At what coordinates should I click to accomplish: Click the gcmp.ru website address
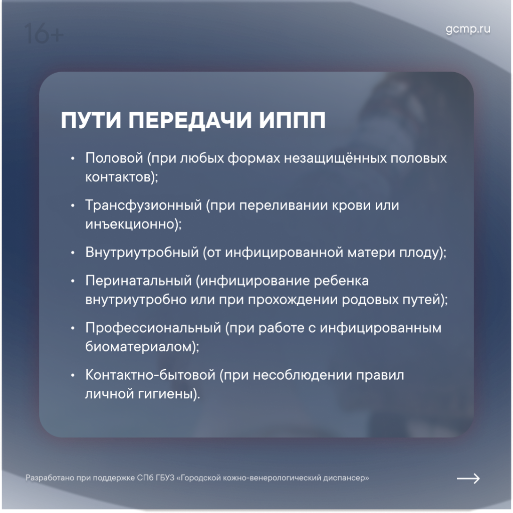click(x=468, y=30)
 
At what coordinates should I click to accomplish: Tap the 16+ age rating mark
click(x=44, y=34)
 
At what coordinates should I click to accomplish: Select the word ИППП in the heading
click(x=293, y=120)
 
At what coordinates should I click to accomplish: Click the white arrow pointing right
click(x=468, y=478)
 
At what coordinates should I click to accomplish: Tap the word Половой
click(x=114, y=158)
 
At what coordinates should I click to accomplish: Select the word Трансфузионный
click(x=144, y=205)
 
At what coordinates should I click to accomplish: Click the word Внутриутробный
click(x=142, y=252)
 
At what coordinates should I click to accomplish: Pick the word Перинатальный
click(x=138, y=281)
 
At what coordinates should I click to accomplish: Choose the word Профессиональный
click(x=153, y=328)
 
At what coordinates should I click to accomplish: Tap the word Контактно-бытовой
click(x=150, y=375)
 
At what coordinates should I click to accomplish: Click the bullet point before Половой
click(x=73, y=159)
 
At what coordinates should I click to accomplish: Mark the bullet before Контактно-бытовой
click(x=73, y=376)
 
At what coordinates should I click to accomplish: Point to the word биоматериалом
click(x=138, y=347)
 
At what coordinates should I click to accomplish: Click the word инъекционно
click(x=130, y=224)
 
